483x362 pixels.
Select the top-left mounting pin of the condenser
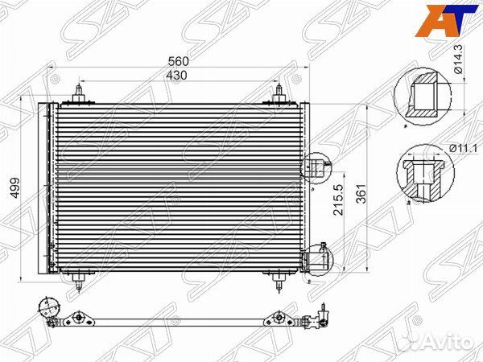pos(80,92)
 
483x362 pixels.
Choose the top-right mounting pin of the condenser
pos(279,92)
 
